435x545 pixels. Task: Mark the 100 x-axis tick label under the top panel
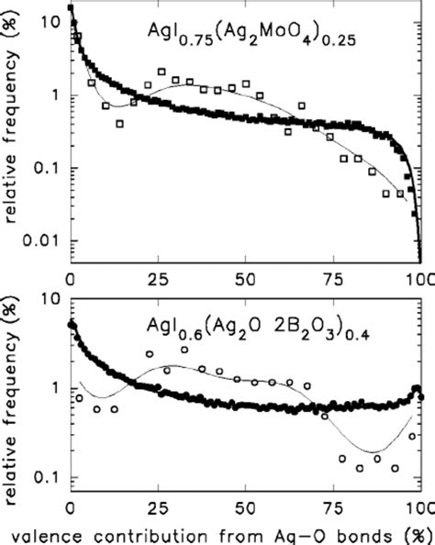[x=418, y=278]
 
